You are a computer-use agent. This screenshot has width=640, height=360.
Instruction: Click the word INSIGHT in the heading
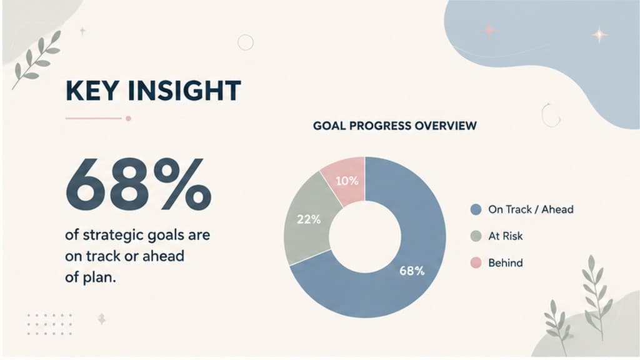184,91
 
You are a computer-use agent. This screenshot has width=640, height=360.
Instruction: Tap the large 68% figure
138,184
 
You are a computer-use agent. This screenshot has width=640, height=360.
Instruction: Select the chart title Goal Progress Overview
395,126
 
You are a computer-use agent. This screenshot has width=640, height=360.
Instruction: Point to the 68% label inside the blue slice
412,271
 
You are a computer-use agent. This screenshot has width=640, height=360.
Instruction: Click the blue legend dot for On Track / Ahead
476,210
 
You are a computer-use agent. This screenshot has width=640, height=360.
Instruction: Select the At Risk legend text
505,236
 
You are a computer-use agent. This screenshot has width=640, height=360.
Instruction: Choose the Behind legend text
505,263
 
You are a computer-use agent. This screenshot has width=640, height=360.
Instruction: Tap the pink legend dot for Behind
476,263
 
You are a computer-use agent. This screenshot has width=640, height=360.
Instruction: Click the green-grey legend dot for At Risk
476,236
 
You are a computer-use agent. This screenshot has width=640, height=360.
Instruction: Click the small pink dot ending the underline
128,118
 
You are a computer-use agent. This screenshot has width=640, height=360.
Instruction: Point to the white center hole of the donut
365,237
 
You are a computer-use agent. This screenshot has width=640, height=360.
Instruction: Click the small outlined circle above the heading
245,42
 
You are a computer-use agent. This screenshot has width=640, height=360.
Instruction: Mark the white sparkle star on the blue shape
599,35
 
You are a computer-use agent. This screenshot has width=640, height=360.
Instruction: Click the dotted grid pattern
50,324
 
